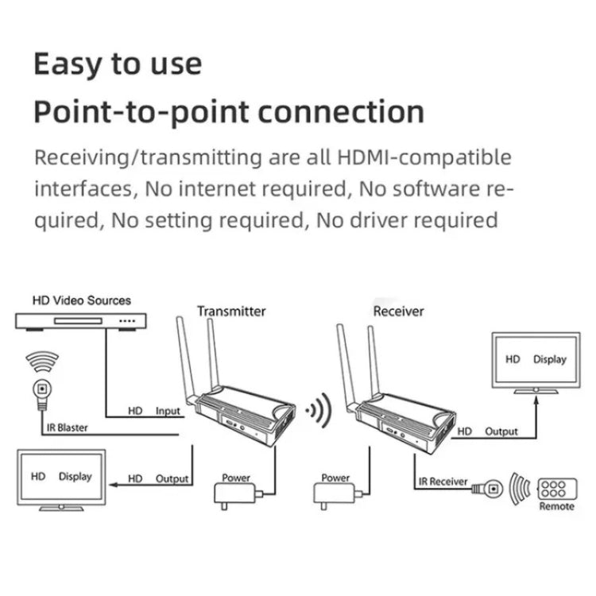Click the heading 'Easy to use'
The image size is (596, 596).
pyautogui.click(x=118, y=64)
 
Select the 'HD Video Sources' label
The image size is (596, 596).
pyautogui.click(x=81, y=300)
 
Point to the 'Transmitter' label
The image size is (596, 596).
pyautogui.click(x=231, y=311)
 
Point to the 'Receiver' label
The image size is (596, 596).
pyautogui.click(x=398, y=311)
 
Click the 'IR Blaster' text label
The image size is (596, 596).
pyautogui.click(x=66, y=428)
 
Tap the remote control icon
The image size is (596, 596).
pyautogui.click(x=556, y=488)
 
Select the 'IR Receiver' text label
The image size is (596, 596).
pyautogui.click(x=443, y=482)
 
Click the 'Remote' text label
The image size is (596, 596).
pyautogui.click(x=556, y=506)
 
